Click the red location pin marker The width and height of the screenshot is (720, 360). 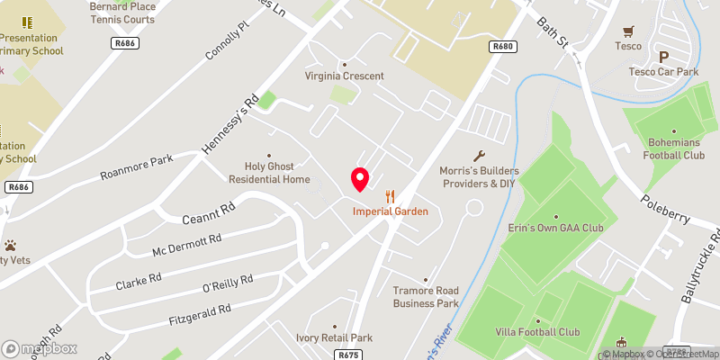pyautogui.click(x=360, y=179)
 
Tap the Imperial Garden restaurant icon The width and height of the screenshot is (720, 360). pyautogui.click(x=390, y=196)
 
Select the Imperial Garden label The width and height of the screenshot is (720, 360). pyautogui.click(x=390, y=211)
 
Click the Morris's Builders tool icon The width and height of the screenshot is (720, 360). pyautogui.click(x=479, y=156)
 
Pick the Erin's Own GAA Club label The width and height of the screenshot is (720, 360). pyautogui.click(x=555, y=229)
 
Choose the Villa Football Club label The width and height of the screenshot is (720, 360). pyautogui.click(x=537, y=331)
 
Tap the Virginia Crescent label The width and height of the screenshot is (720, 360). pyautogui.click(x=344, y=76)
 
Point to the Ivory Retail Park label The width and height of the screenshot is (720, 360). pyautogui.click(x=334, y=337)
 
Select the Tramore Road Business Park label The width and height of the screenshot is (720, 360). pyautogui.click(x=426, y=296)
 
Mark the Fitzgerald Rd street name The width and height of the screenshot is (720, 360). pyautogui.click(x=200, y=314)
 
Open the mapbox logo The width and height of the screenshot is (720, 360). pyautogui.click(x=40, y=348)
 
